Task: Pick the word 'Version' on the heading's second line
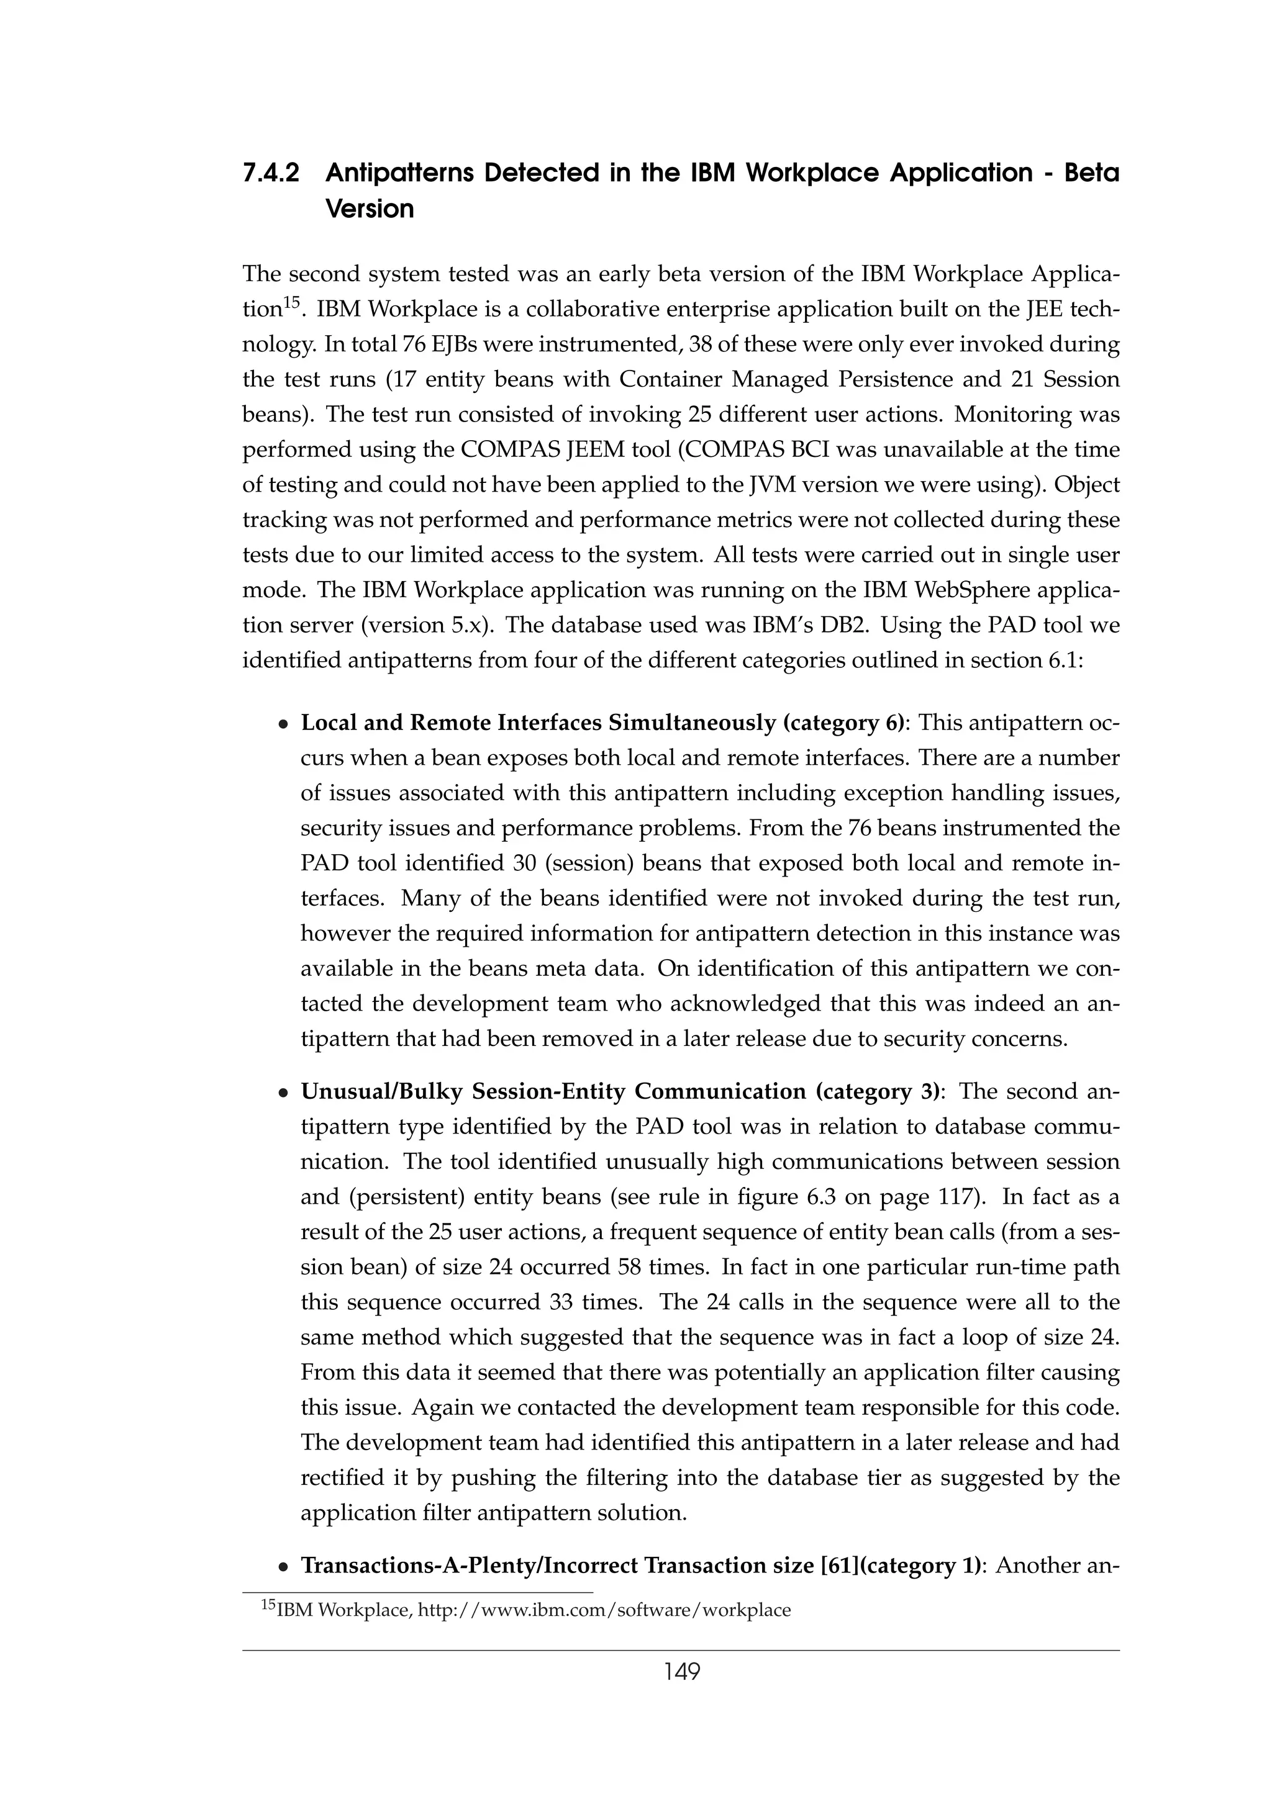pos(369,209)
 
